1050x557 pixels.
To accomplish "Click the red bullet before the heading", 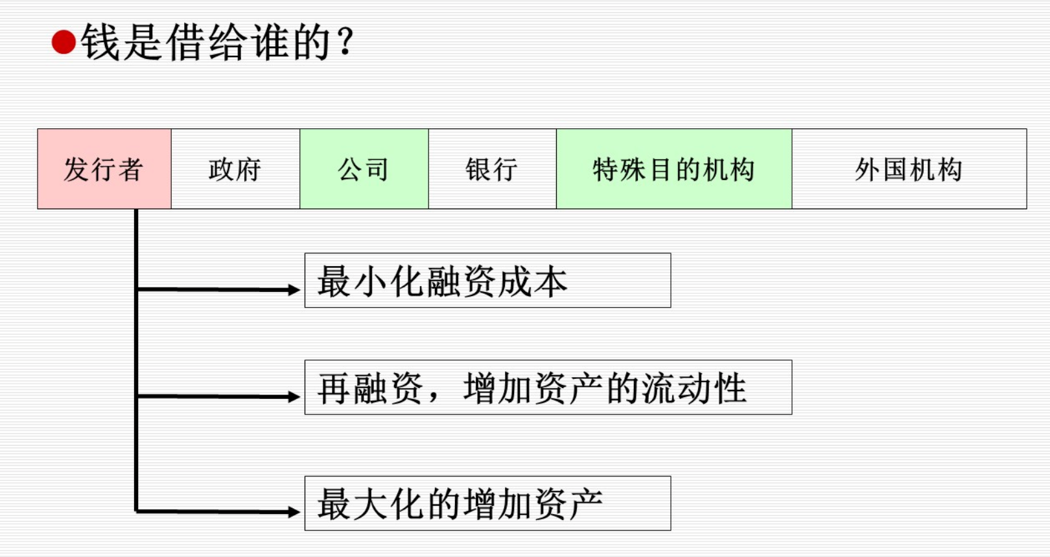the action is coord(64,43).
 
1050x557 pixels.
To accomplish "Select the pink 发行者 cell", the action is coord(104,169).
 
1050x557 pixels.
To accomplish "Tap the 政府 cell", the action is coord(235,169).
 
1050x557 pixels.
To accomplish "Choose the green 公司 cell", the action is coord(364,169).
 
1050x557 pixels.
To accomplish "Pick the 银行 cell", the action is coord(492,169).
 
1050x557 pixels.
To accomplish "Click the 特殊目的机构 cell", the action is coord(674,169).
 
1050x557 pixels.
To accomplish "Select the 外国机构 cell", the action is coord(909,169).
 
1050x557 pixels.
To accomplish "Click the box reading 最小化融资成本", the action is coord(487,280).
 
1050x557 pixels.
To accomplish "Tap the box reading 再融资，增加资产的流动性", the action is coord(548,387).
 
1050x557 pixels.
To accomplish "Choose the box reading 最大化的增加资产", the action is coord(487,503).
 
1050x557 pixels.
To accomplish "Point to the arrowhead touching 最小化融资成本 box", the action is coord(294,290).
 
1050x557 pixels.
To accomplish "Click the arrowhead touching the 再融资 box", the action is coord(294,396).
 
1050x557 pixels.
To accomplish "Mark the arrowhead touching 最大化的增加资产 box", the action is coord(294,512).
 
